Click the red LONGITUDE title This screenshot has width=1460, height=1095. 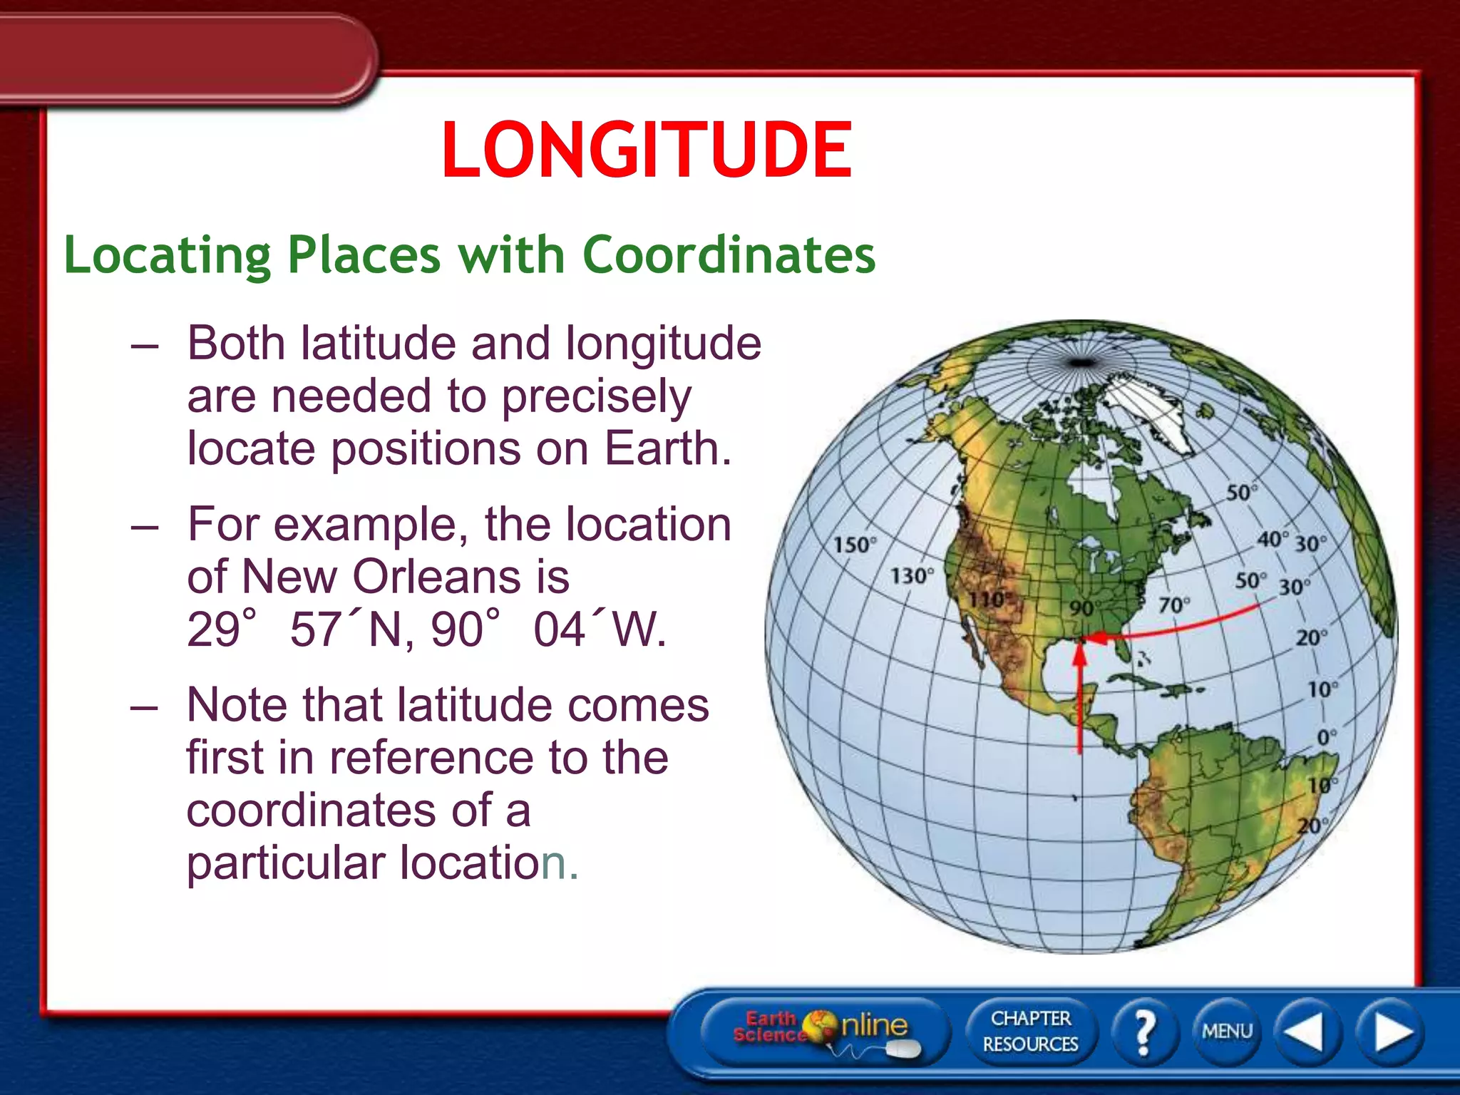point(647,150)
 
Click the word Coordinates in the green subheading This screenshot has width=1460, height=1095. point(729,255)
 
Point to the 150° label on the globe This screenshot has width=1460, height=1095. point(854,545)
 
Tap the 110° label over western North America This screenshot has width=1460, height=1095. point(988,600)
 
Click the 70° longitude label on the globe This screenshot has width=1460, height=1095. point(1173,605)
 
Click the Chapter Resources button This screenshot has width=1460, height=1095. point(1030,1031)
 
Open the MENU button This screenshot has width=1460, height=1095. point(1226,1031)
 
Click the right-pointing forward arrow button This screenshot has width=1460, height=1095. point(1391,1031)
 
